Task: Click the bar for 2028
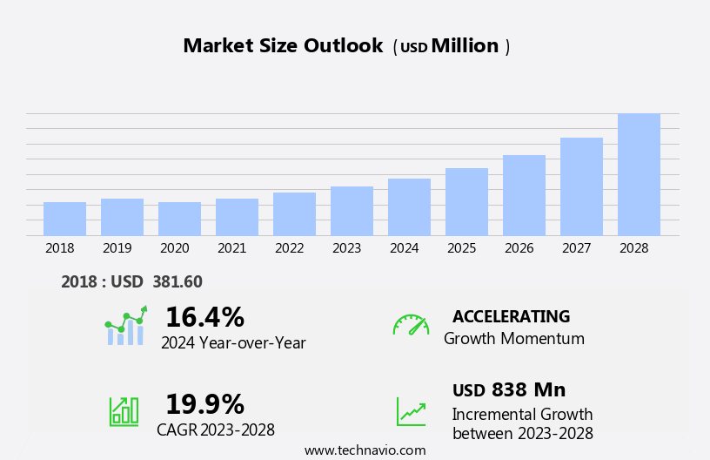[639, 174]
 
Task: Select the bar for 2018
[64, 219]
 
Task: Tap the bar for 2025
[466, 201]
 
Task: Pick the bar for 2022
[294, 213]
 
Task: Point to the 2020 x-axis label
[174, 248]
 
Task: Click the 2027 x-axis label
[576, 248]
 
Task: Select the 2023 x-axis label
[346, 248]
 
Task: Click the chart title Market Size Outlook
[283, 46]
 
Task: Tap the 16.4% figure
[204, 317]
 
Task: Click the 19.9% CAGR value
[204, 404]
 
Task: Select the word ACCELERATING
[511, 316]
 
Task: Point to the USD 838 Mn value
[509, 389]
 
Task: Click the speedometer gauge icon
[411, 325]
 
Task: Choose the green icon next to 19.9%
[124, 410]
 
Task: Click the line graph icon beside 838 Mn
[411, 411]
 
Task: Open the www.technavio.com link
[365, 450]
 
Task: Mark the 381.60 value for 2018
[177, 281]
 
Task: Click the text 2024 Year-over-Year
[233, 343]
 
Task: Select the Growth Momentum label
[513, 339]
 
